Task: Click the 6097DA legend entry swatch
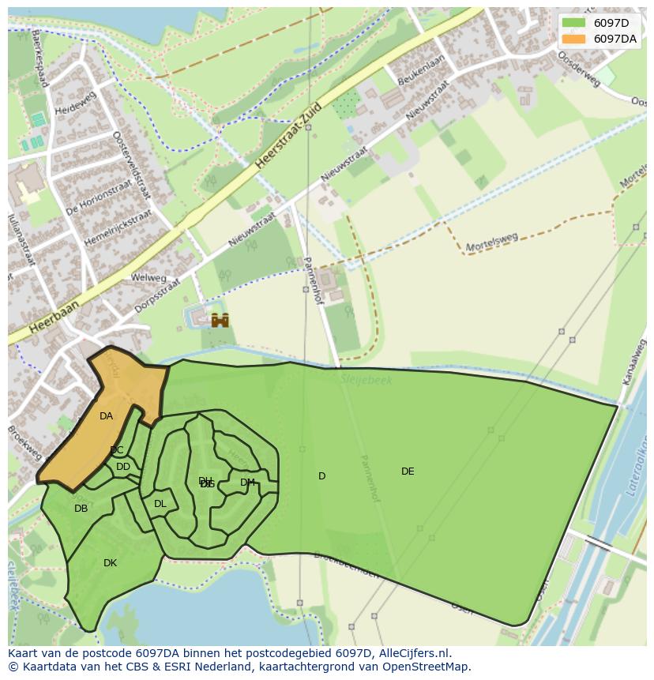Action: tap(574, 39)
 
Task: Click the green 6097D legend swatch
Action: tap(574, 23)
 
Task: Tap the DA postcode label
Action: tap(106, 416)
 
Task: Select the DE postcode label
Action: tap(408, 471)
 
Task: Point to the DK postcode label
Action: tap(110, 563)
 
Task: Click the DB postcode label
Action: tap(81, 509)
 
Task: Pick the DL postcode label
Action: tap(160, 504)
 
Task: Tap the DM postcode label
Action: tap(247, 483)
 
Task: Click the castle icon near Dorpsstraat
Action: tap(220, 320)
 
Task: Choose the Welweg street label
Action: tap(148, 278)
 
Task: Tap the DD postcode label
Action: tap(123, 467)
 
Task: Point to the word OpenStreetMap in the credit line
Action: tap(427, 667)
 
